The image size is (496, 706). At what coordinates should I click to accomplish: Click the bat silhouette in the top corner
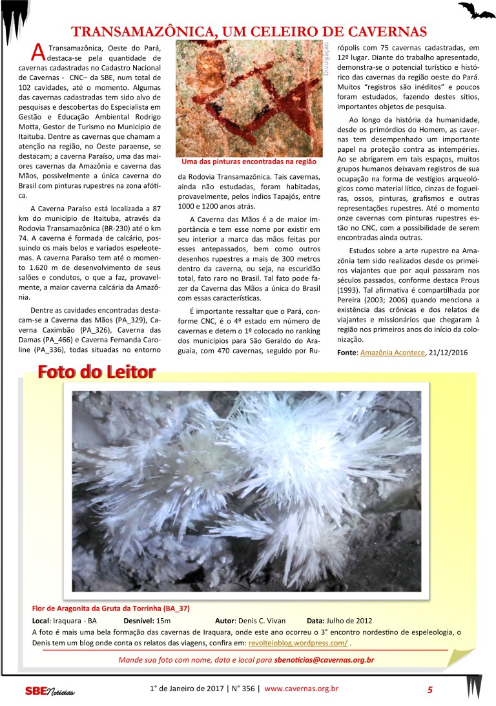(x=477, y=10)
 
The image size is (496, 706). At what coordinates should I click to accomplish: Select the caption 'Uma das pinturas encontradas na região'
(x=249, y=162)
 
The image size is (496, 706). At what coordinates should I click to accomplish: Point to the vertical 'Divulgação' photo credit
(x=327, y=59)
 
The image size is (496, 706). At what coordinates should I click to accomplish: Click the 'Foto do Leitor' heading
(x=96, y=372)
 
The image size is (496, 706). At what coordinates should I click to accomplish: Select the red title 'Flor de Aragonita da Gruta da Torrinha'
(x=110, y=608)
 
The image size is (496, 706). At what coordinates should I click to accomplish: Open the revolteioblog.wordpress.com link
(x=298, y=643)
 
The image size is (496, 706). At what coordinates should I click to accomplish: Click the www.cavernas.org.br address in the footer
(x=301, y=689)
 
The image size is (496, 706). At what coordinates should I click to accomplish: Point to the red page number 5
(x=429, y=690)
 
